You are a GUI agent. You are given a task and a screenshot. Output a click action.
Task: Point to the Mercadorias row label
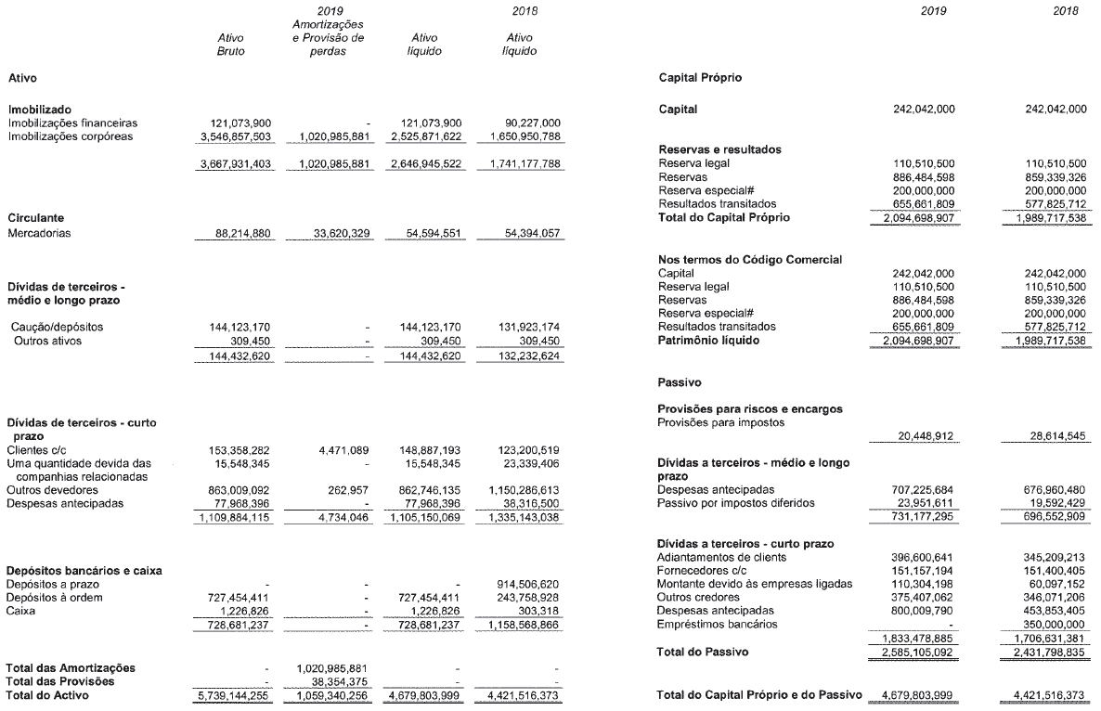click(x=40, y=234)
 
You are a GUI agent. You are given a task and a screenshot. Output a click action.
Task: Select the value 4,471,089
click(x=344, y=449)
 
